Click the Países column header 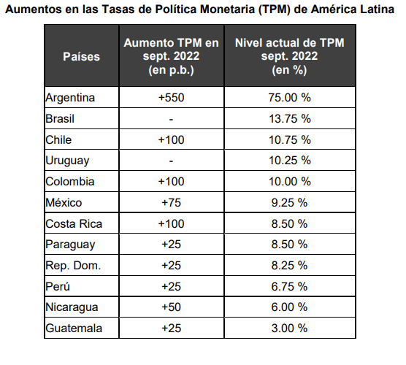point(81,56)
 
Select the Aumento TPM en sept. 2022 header point(169,56)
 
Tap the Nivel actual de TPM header point(290,56)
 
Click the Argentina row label point(71,97)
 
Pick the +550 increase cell point(169,97)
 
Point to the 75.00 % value point(290,97)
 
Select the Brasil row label point(61,118)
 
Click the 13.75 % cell point(290,118)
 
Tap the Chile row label point(58,139)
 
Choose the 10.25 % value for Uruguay point(290,161)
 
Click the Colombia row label point(69,181)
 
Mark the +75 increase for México point(169,202)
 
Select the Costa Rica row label point(73,224)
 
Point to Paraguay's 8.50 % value point(290,245)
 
